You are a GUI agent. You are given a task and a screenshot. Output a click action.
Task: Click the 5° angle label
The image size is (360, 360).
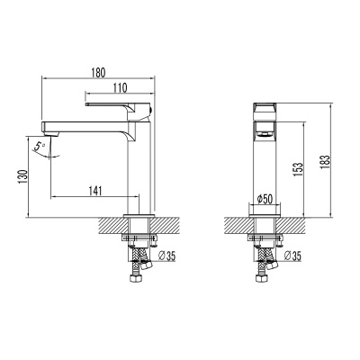[x=37, y=145]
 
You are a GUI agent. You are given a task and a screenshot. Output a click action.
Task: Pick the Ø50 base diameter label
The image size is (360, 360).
[x=265, y=198]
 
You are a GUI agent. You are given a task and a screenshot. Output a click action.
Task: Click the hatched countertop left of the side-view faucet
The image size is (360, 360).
[x=108, y=223]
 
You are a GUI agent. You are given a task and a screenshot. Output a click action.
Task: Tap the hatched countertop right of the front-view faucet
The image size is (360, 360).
[x=292, y=223]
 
